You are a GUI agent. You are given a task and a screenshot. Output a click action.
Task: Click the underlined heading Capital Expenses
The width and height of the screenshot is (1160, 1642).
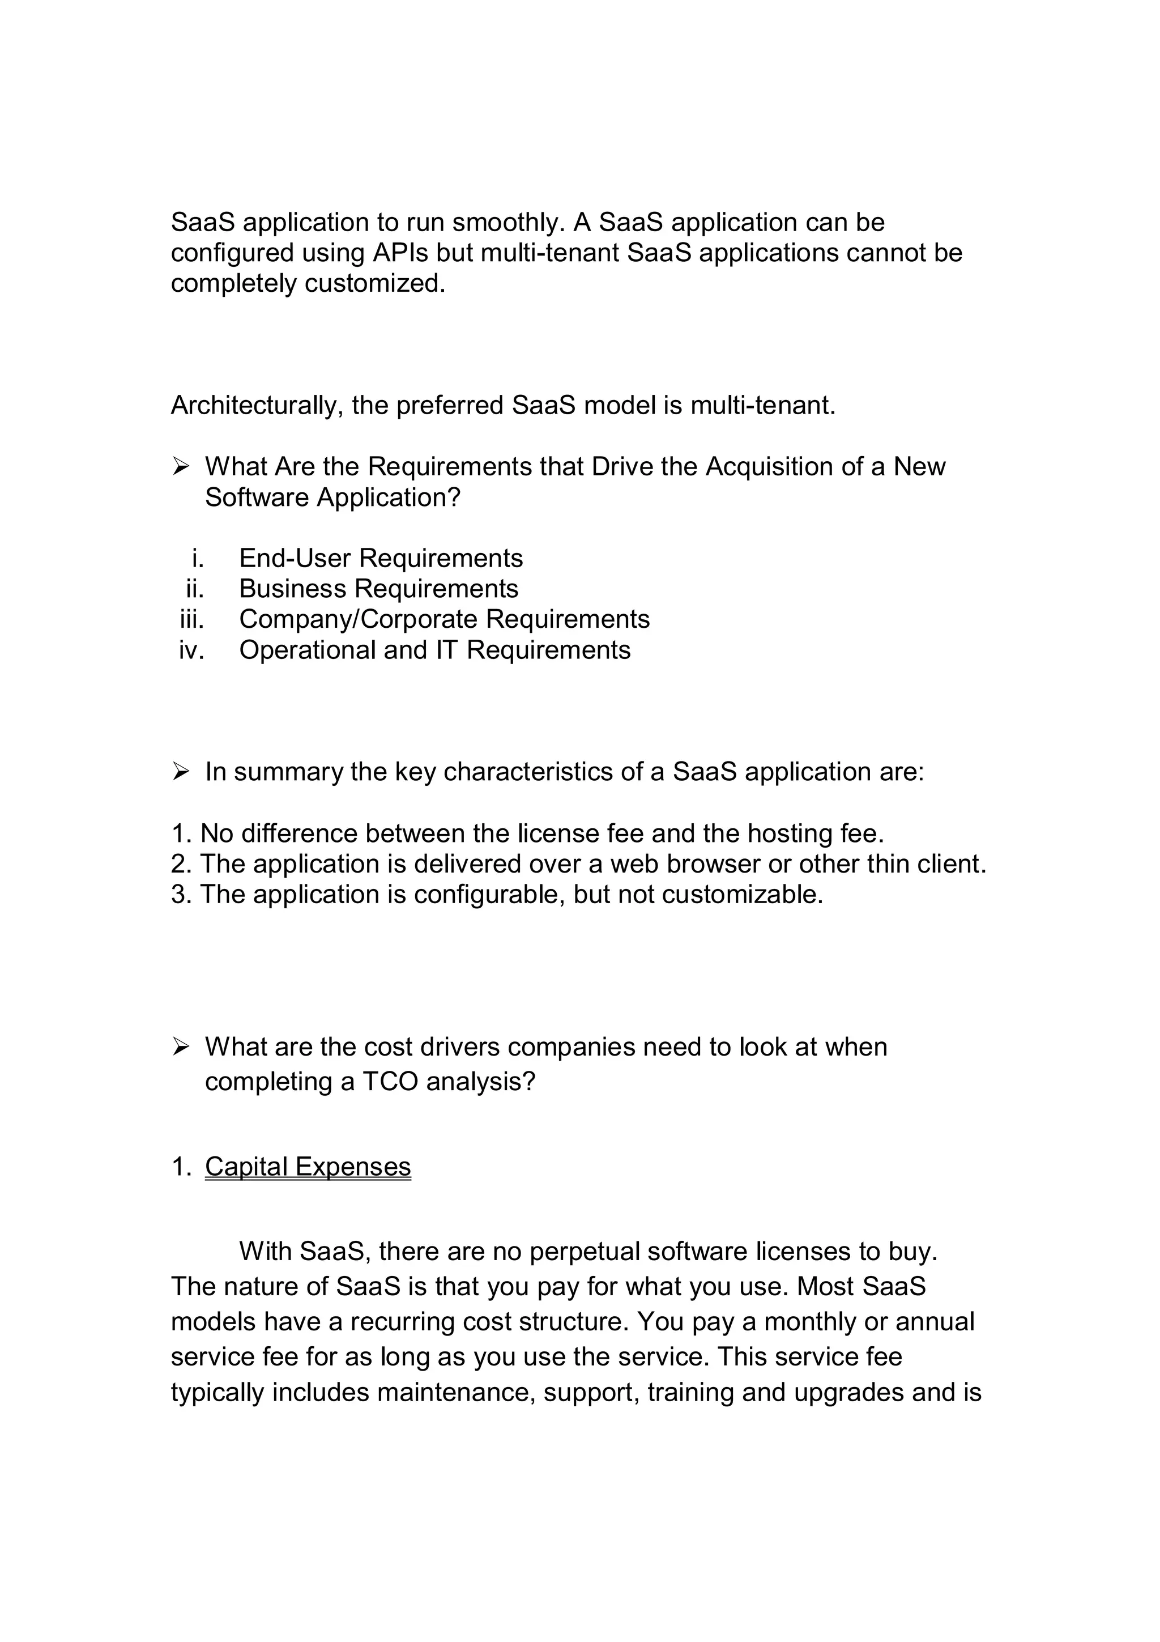308,1167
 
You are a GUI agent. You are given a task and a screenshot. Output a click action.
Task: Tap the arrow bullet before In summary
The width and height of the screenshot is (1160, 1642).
180,772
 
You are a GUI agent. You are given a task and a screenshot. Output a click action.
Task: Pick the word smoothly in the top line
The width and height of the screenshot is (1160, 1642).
507,223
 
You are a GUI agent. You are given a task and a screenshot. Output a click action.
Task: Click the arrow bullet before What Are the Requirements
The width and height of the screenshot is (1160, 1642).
180,466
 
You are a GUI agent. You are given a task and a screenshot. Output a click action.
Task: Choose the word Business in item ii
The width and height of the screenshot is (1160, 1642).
292,589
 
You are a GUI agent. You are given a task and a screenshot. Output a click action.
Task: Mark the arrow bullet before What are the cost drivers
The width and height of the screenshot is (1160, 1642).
180,1047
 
